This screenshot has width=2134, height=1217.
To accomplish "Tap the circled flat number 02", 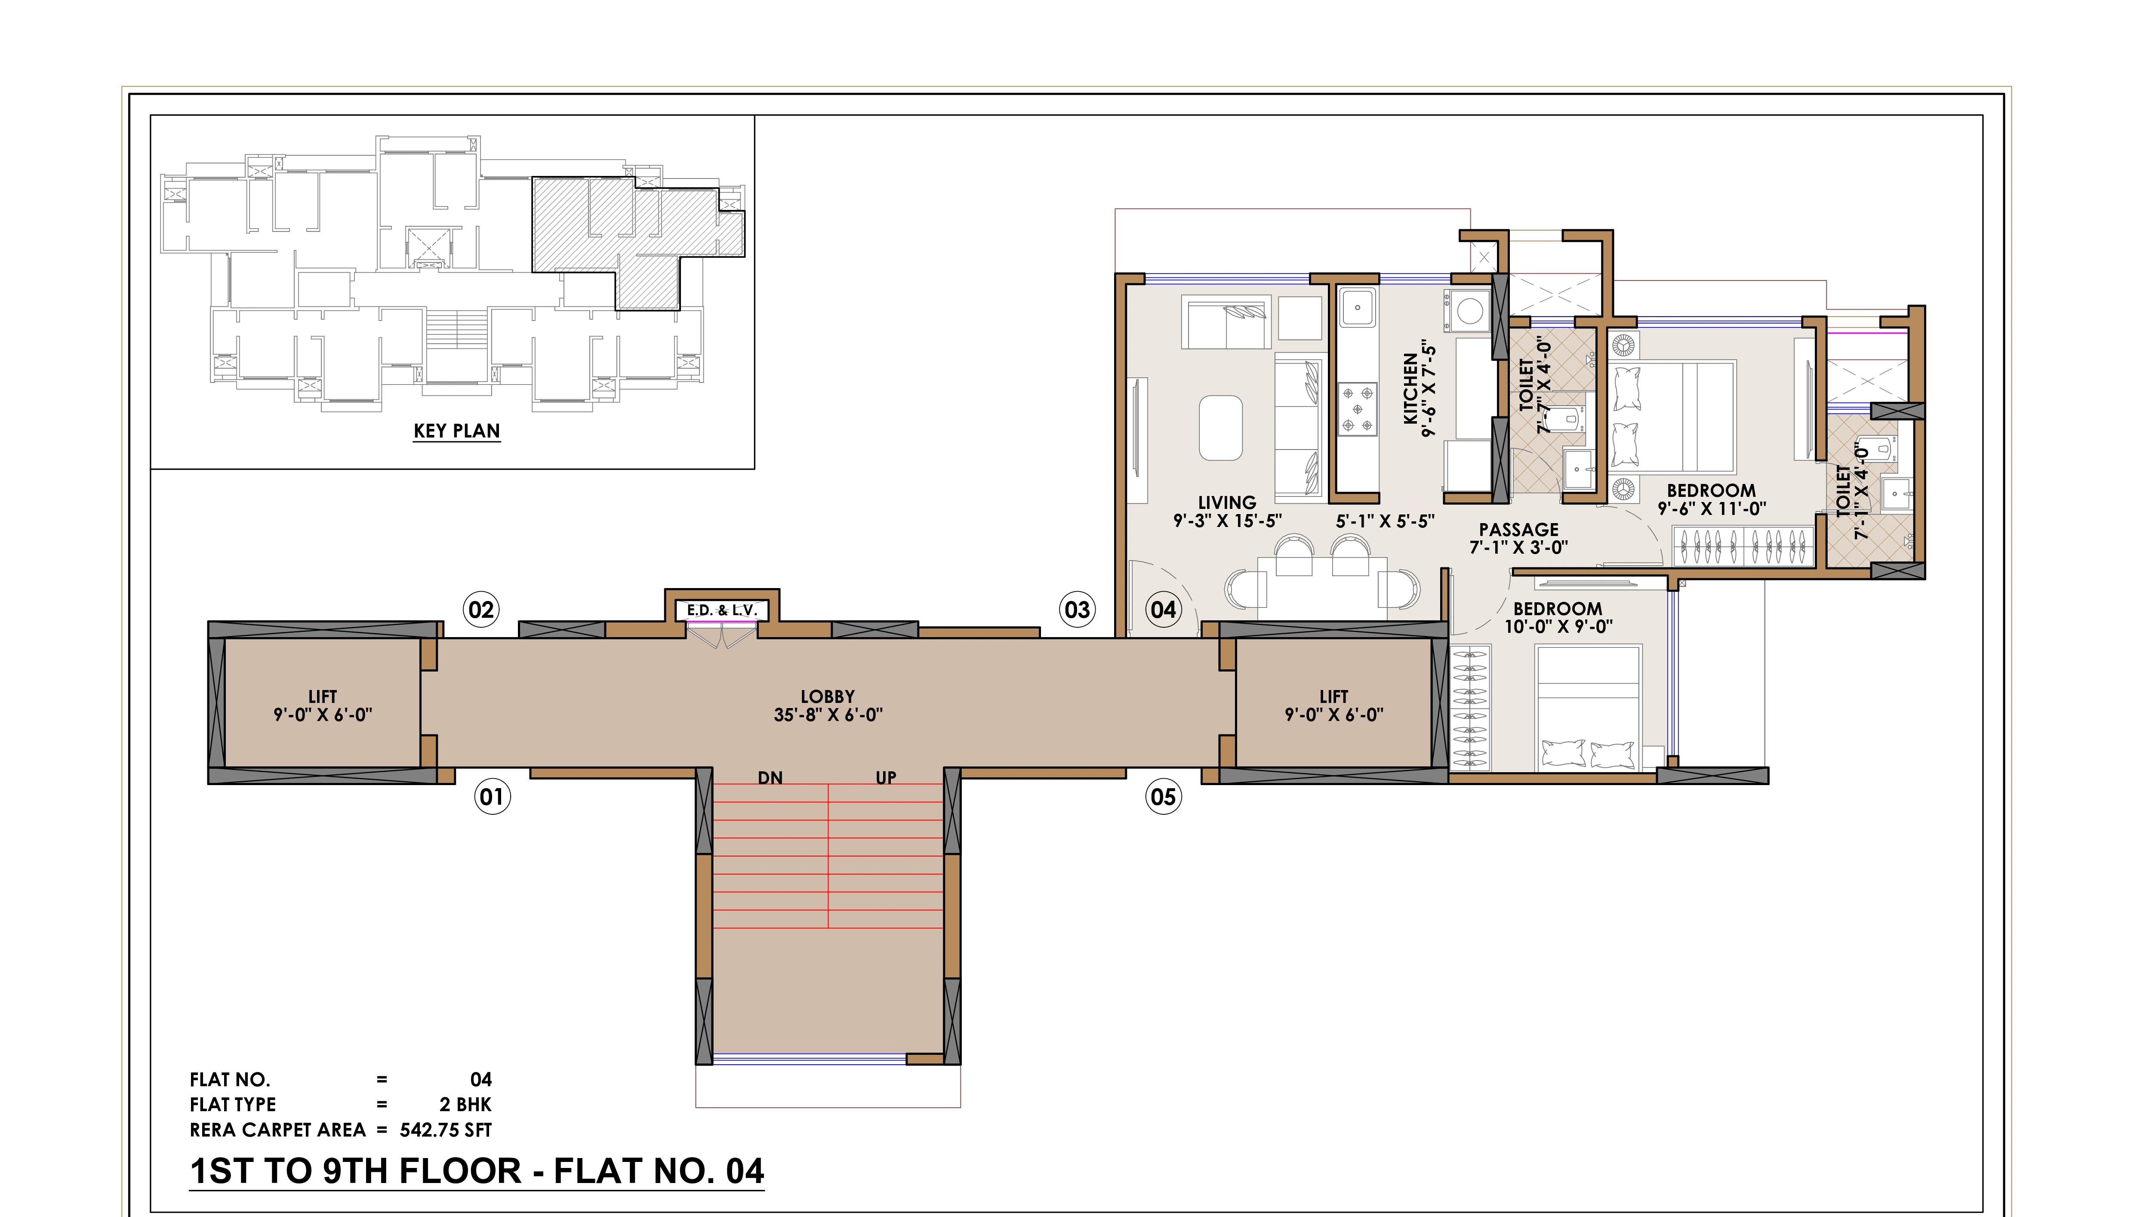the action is coord(481,609).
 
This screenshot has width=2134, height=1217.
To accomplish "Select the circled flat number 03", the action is coord(1077,609).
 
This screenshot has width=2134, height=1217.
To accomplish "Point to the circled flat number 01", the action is coord(492,797).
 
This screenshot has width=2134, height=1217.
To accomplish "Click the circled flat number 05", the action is coord(1163,797).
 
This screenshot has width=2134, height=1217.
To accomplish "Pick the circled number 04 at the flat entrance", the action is coord(1163,609).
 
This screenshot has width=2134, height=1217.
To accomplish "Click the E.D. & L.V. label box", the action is coord(722,610).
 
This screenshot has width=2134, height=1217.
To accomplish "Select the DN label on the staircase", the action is coord(770,778).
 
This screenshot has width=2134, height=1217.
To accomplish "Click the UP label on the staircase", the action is coord(886,778).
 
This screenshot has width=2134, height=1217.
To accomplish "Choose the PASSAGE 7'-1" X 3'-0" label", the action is coord(1519,538).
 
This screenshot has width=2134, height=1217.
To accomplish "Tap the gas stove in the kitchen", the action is coord(1358,409).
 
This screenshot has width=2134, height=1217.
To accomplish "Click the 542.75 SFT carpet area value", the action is coord(446,1130).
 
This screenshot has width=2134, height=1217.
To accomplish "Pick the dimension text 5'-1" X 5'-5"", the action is coord(1386,521).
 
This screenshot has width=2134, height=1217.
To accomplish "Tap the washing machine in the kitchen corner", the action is coord(1470,311).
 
